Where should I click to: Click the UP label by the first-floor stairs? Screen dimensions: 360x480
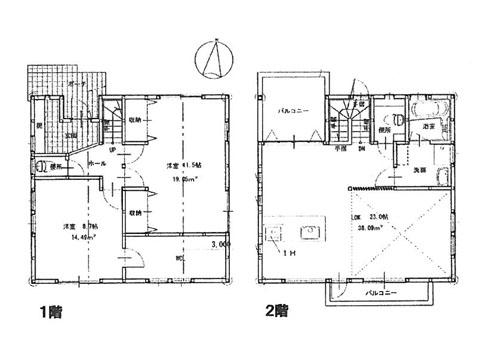(x=112, y=149)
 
